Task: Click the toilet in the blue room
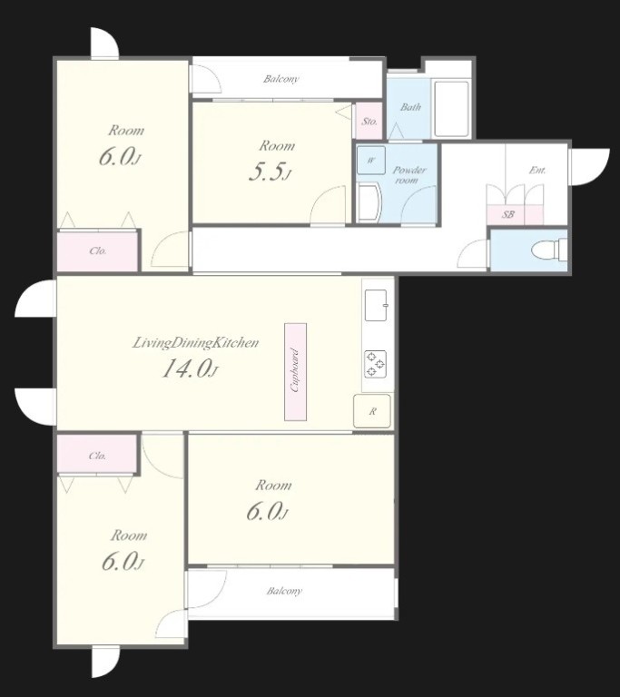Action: click(549, 249)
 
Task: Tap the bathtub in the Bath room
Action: click(451, 109)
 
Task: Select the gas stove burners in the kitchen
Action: click(376, 365)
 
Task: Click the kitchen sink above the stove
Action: click(376, 305)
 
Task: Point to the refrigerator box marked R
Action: click(372, 411)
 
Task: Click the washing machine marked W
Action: click(371, 160)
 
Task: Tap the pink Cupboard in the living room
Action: click(295, 371)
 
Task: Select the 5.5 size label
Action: click(270, 172)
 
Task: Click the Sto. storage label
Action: click(369, 121)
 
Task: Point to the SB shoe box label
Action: click(508, 214)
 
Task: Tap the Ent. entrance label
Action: click(537, 170)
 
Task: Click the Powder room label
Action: click(408, 174)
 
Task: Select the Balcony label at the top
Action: click(281, 79)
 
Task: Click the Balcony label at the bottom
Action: click(284, 591)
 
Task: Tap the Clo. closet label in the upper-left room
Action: click(98, 250)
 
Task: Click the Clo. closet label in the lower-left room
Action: click(97, 456)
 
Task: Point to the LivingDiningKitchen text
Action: click(196, 343)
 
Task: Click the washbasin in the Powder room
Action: click(369, 203)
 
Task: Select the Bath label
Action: click(410, 107)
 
